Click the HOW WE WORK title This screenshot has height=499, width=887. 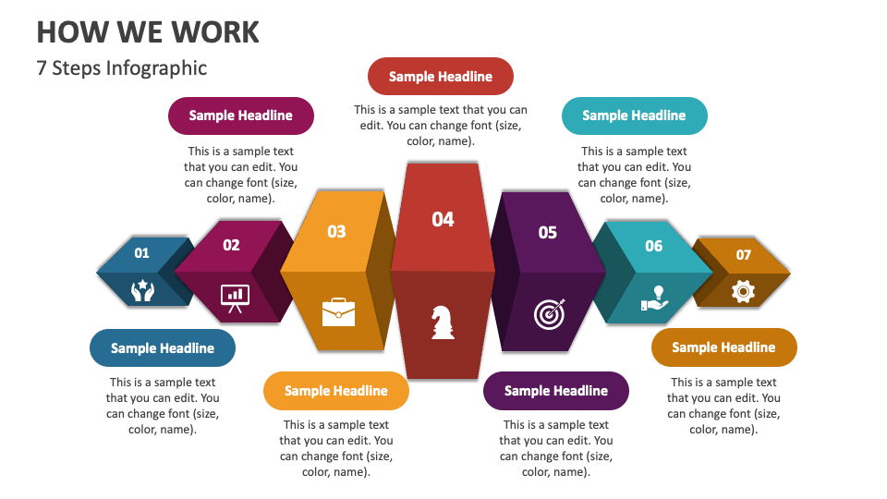click(148, 32)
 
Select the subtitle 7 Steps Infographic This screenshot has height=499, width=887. click(122, 67)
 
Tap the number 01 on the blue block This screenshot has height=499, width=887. click(141, 253)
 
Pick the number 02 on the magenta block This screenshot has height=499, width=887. click(231, 245)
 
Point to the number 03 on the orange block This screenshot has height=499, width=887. click(336, 231)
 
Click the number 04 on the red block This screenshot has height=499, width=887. click(443, 220)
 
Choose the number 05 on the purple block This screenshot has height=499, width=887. click(547, 233)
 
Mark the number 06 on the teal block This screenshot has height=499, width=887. click(653, 246)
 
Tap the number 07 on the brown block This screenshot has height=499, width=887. click(743, 255)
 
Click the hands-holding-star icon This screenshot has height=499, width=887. click(142, 290)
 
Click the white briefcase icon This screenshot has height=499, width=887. click(338, 312)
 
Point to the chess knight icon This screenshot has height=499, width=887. click(443, 322)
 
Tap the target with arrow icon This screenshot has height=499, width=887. click(549, 313)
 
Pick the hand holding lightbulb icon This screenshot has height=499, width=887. click(654, 298)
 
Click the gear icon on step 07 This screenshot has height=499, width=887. click(743, 292)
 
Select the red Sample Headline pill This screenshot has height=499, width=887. click(441, 77)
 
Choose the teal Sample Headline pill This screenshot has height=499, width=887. click(634, 116)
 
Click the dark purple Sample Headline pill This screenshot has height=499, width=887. click(556, 391)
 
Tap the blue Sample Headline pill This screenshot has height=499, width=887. click(163, 348)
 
